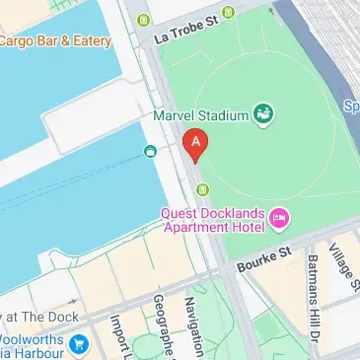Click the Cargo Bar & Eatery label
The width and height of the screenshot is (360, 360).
tap(54, 40)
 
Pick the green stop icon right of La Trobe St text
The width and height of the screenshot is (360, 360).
tap(229, 13)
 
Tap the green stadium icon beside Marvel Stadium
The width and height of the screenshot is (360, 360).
tap(263, 114)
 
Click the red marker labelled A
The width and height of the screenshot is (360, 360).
tap(196, 146)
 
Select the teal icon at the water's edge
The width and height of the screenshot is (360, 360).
tap(150, 151)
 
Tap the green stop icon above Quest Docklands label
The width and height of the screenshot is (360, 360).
tap(203, 188)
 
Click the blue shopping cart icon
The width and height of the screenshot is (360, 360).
tap(79, 345)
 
